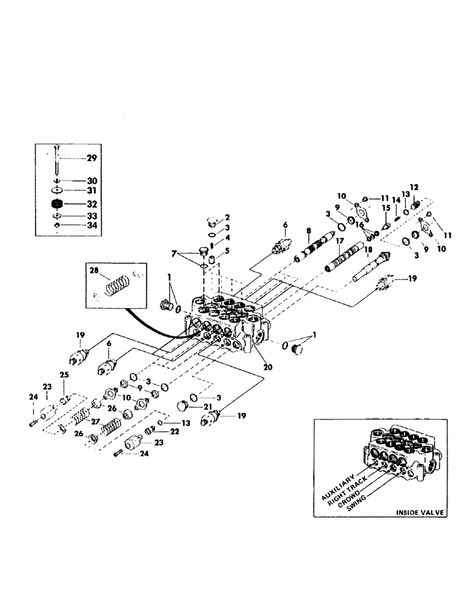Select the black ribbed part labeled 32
[58, 204]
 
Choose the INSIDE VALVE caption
[420, 512]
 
